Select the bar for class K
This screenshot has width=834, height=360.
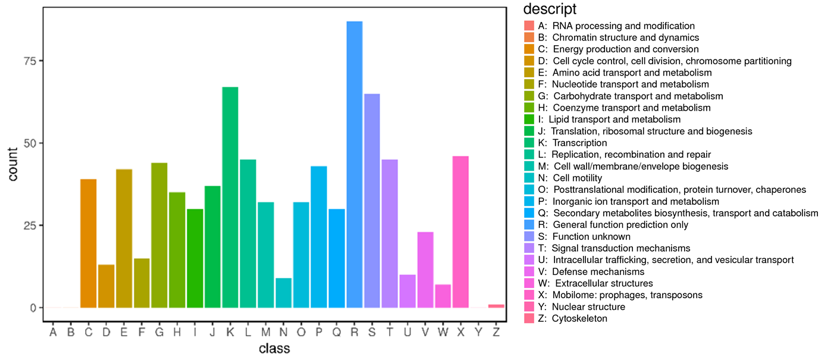coord(230,197)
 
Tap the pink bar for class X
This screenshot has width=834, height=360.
coord(460,231)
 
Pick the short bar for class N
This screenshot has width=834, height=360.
coord(284,293)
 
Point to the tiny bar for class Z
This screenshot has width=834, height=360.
coord(496,306)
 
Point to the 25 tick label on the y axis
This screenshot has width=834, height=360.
coord(30,226)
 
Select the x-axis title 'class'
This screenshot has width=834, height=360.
coord(274,348)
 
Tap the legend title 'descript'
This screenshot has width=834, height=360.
coord(550,10)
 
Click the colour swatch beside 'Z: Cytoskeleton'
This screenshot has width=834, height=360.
coord(529,318)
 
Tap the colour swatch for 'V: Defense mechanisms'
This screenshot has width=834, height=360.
coord(529,272)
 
